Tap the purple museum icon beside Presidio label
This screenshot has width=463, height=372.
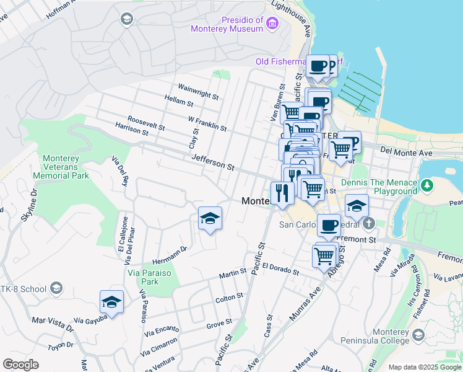pyautogui.click(x=272, y=24)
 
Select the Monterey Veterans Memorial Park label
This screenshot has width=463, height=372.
pyautogui.click(x=66, y=167)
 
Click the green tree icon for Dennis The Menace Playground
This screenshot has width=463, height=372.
pyautogui.click(x=426, y=185)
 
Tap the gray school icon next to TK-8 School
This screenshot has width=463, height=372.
pyautogui.click(x=57, y=288)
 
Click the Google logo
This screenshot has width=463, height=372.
pyautogui.click(x=20, y=365)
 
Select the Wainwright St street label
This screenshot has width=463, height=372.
pyautogui.click(x=199, y=92)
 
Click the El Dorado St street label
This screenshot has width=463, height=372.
pyautogui.click(x=280, y=268)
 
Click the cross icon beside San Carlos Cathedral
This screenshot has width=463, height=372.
pyautogui.click(x=369, y=223)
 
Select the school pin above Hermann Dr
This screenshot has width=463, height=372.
pyautogui.click(x=210, y=218)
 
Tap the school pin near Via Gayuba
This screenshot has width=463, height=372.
pyautogui.click(x=111, y=302)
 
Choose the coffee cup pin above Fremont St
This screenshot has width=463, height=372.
pyautogui.click(x=329, y=225)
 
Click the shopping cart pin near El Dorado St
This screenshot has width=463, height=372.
pyautogui.click(x=324, y=255)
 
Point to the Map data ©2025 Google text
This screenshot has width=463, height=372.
pyautogui.click(x=424, y=367)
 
